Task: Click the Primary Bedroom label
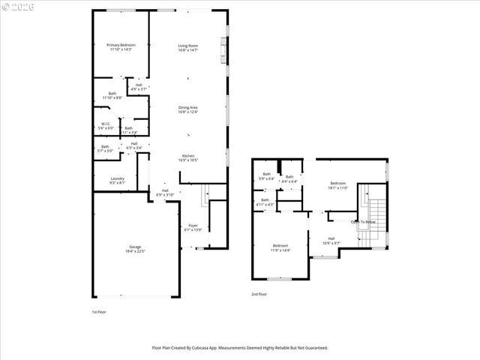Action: tap(120, 45)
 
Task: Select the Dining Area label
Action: tap(188, 107)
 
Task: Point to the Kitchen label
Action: tap(188, 156)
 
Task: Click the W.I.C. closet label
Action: tap(106, 124)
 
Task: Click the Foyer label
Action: tap(193, 225)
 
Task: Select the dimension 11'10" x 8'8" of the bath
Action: tap(112, 97)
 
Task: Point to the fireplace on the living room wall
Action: tap(222, 52)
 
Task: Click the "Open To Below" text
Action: tap(363, 222)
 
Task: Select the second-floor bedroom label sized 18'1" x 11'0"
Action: tap(338, 182)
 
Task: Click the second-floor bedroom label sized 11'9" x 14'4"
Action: tap(280, 246)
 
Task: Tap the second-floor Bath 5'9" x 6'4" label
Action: tap(266, 174)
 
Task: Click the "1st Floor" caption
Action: tap(99, 311)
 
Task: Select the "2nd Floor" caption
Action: tap(259, 295)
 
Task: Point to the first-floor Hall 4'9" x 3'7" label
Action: tap(139, 85)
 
